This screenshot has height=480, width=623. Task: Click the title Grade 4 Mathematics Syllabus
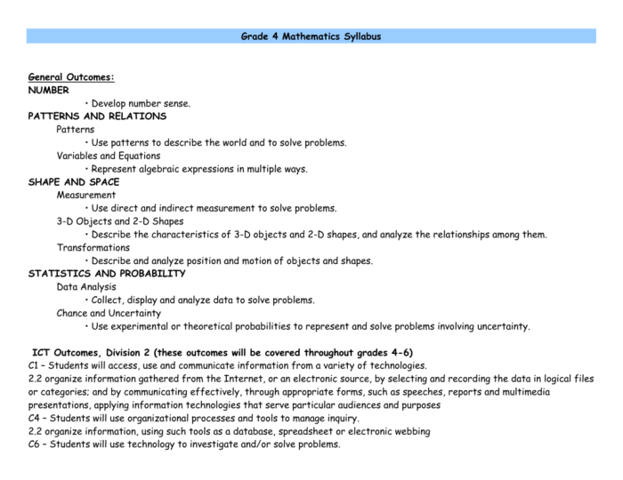[x=311, y=36]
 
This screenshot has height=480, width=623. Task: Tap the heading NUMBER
[x=48, y=90]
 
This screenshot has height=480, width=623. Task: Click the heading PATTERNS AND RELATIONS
[x=97, y=116]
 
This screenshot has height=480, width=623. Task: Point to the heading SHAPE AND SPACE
[x=74, y=182]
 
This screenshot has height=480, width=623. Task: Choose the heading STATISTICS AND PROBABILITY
[x=107, y=274]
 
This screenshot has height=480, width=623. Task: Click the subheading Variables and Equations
[x=108, y=156]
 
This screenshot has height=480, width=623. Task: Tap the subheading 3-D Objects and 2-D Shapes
[x=119, y=221]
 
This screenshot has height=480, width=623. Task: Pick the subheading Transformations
[x=93, y=247]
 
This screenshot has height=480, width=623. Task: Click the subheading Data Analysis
[x=86, y=287]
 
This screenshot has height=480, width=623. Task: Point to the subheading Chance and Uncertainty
[x=109, y=313]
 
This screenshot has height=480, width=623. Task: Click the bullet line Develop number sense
[x=141, y=103]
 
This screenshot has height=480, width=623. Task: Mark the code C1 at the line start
[x=35, y=365]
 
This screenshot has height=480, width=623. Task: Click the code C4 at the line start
[x=35, y=418]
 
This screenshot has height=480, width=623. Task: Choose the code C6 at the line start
[x=35, y=444]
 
